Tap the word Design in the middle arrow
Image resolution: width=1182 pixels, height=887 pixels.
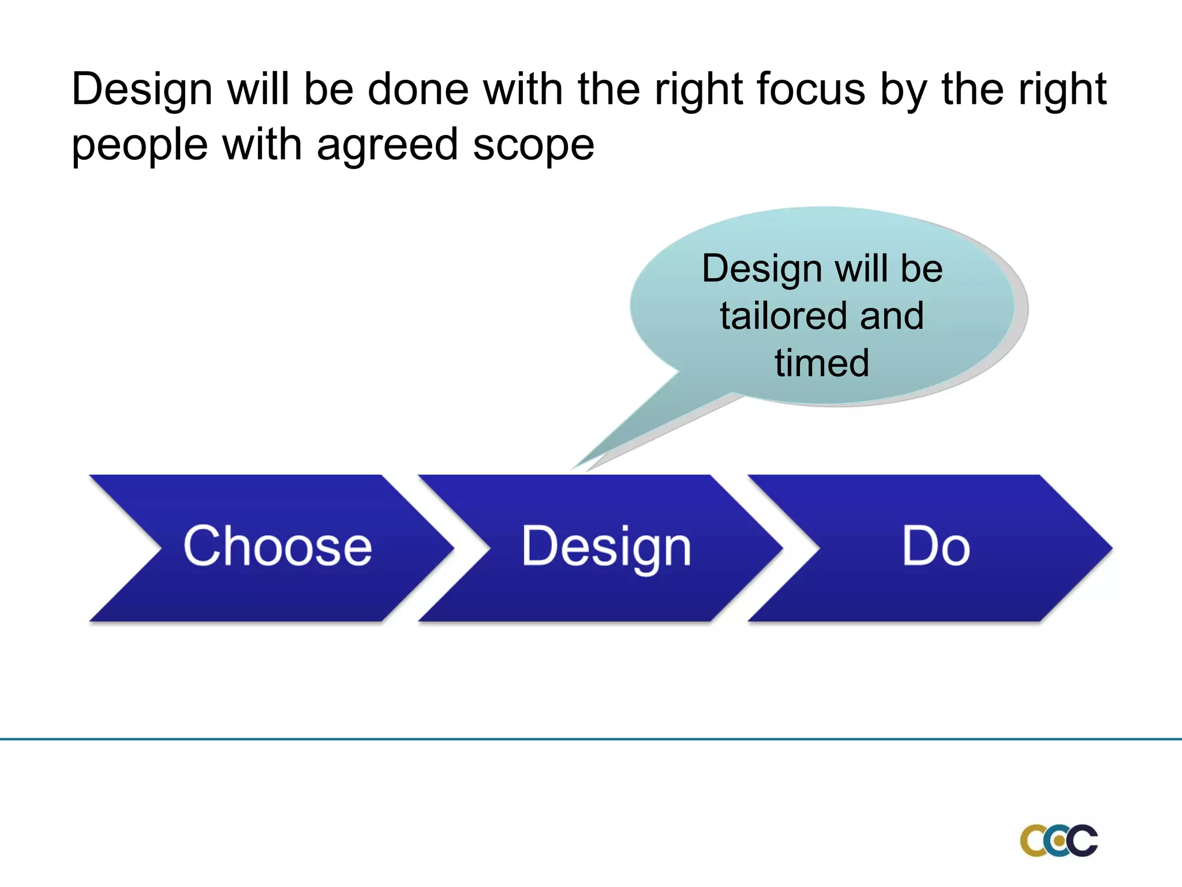tap(606, 547)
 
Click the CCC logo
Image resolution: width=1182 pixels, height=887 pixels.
tap(1058, 840)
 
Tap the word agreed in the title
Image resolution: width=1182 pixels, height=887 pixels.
tap(387, 146)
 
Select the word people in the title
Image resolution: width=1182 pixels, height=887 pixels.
tap(139, 146)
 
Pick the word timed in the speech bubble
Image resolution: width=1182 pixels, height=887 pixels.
tap(822, 363)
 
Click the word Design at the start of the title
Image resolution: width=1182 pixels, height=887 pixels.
tap(142, 91)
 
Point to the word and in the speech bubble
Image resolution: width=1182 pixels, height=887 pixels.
tap(892, 316)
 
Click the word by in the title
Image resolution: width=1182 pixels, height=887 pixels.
tap(903, 91)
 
